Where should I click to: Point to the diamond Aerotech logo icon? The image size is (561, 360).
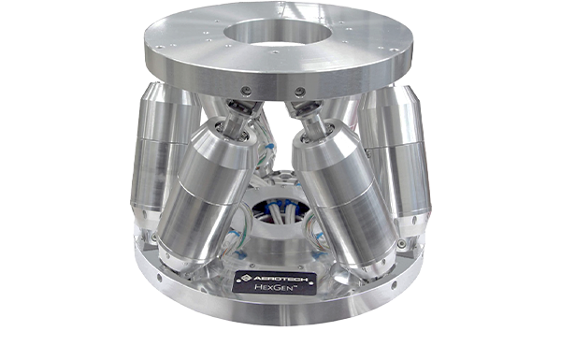click(246, 278)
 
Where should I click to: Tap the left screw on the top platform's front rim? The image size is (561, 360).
click(245, 91)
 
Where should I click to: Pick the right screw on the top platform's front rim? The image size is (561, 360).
click(300, 91)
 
